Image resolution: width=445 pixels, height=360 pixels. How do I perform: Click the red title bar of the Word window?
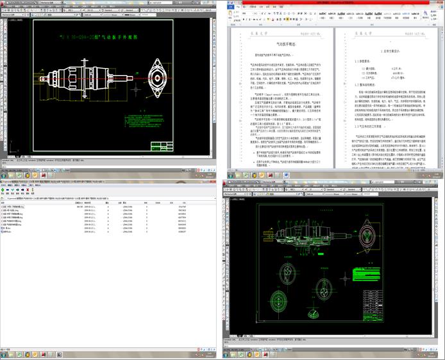[x=333, y=3]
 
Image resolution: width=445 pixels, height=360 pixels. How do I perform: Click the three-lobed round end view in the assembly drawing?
[x=280, y=300]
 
